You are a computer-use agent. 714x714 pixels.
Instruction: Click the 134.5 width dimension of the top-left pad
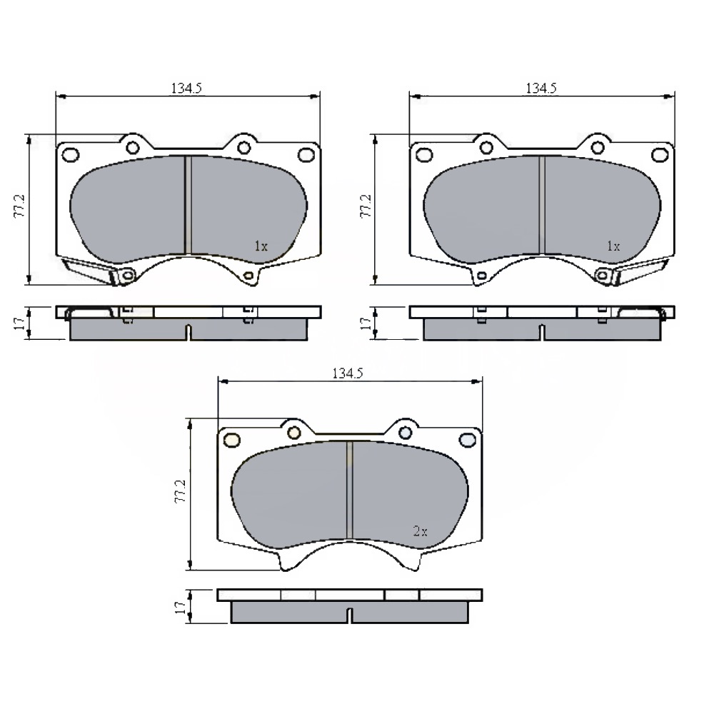[x=186, y=88]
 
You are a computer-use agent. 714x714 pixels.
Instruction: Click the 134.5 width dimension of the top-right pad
[x=541, y=88]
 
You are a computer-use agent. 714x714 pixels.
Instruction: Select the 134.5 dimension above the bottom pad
[x=348, y=373]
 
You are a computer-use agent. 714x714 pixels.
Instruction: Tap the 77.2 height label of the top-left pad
[x=20, y=206]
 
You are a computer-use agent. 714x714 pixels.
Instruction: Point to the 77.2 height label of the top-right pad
[x=366, y=206]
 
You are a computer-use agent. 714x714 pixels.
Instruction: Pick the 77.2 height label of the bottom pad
[x=181, y=491]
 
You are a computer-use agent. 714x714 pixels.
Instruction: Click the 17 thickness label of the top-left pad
[x=19, y=323]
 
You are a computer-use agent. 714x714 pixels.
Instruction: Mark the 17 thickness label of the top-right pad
[x=366, y=323]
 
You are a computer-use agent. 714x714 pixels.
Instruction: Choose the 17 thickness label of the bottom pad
[x=181, y=606]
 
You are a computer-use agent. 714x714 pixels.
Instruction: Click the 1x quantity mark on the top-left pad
[x=261, y=246]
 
